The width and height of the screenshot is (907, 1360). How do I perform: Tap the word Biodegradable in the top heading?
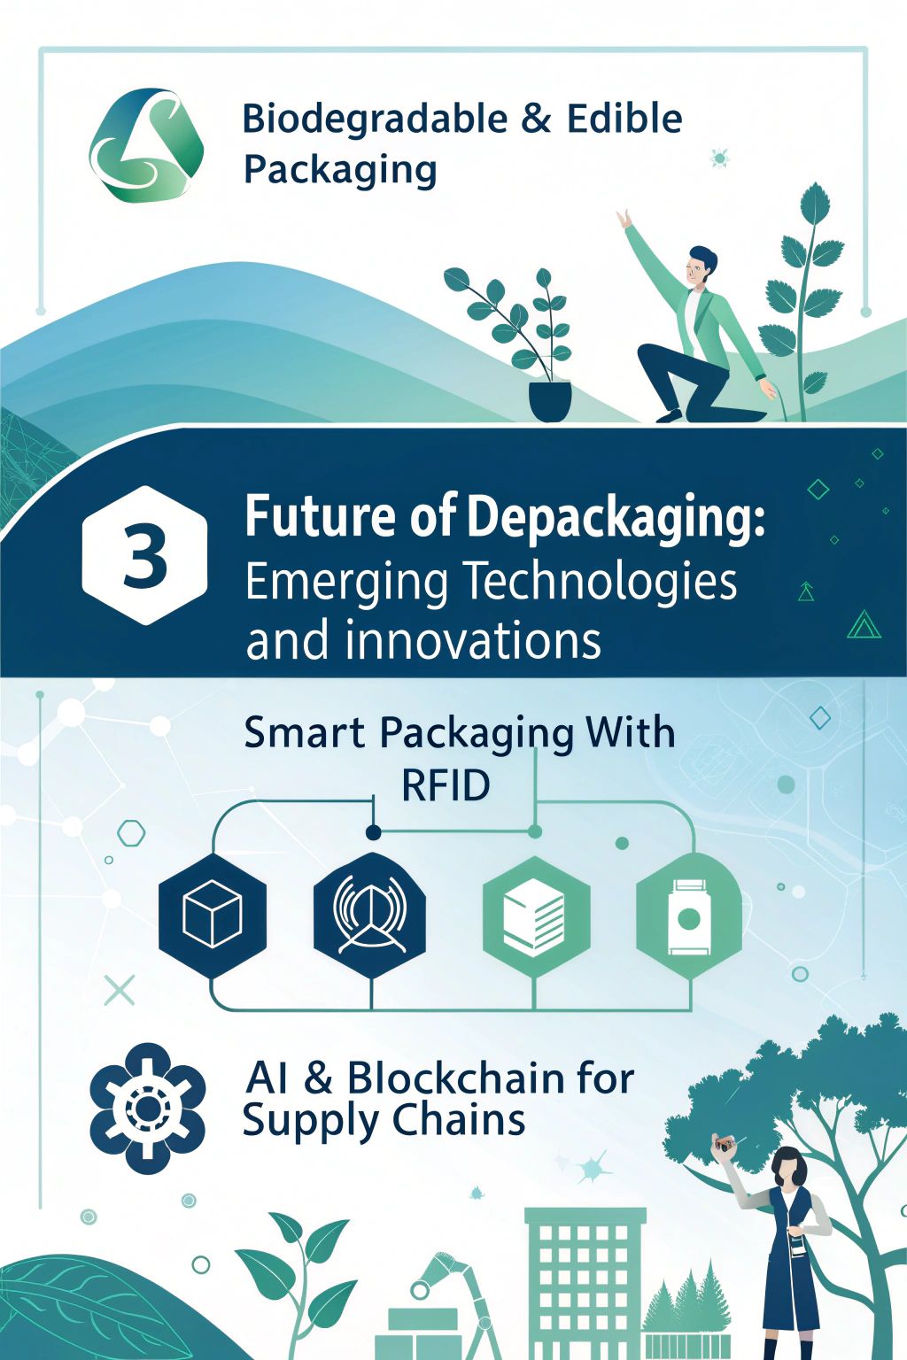(x=375, y=119)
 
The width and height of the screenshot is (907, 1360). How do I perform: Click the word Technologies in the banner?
(x=601, y=582)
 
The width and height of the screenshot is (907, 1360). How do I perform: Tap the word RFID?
(x=446, y=786)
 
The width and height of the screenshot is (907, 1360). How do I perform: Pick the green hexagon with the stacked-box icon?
(x=536, y=916)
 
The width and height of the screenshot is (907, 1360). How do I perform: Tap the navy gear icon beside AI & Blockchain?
(x=147, y=1109)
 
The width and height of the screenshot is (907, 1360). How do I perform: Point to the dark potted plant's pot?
(x=550, y=401)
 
